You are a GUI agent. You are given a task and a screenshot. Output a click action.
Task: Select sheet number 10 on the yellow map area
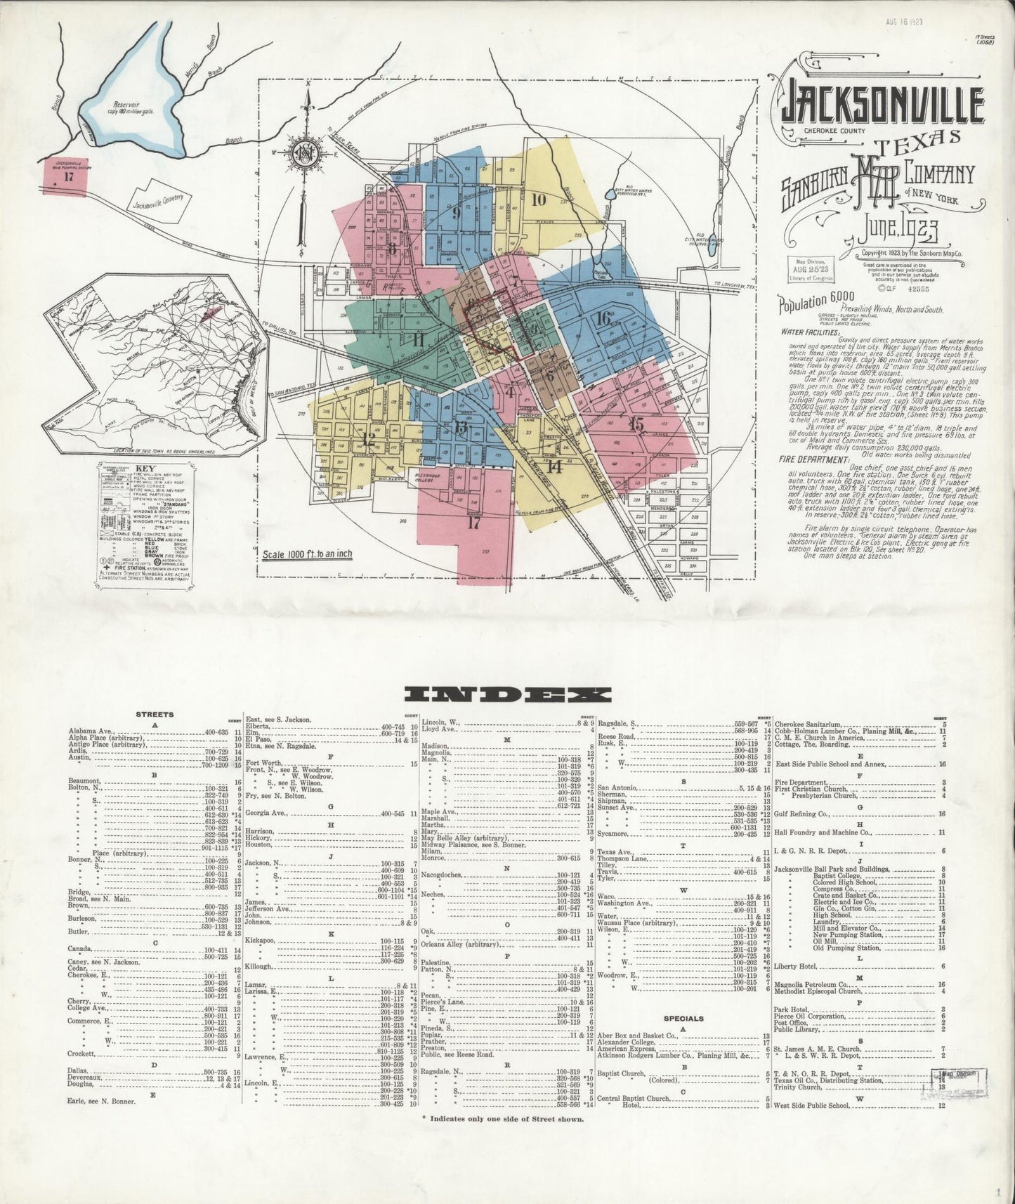coord(539,199)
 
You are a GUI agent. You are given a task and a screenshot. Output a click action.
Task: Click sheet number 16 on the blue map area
coord(602,318)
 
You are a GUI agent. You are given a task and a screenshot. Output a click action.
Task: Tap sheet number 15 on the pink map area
coord(636,424)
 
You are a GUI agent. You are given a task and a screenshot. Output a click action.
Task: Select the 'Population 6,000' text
coord(813,304)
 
